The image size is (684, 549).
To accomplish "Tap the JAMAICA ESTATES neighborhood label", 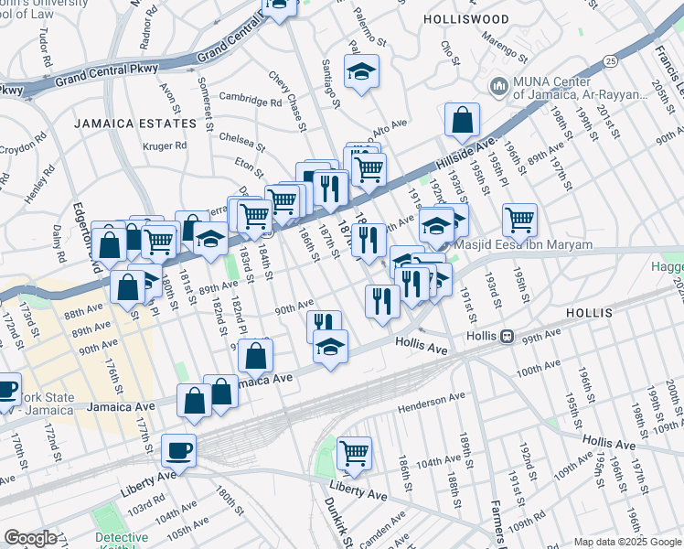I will [135, 123].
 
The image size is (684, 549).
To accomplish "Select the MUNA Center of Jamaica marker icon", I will [498, 87].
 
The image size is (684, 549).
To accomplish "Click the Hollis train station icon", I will [506, 336].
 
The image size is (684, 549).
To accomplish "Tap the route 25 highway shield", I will [609, 60].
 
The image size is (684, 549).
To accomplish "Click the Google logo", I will [29, 537].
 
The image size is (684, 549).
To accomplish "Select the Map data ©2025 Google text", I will [627, 542].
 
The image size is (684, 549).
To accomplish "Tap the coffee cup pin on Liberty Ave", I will [178, 449].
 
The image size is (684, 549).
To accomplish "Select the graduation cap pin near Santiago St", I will [361, 71].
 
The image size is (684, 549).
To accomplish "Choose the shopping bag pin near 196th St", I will [463, 118].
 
